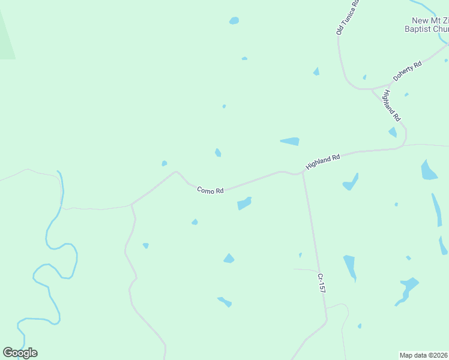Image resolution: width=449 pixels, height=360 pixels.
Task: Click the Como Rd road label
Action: click(210, 190)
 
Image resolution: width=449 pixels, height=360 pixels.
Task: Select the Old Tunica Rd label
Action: click(348, 17)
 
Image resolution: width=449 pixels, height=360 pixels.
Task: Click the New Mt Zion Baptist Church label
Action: click(427, 24)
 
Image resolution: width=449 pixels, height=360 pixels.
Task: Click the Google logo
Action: click(20, 353)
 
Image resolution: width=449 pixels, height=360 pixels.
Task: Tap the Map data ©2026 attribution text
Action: click(423, 355)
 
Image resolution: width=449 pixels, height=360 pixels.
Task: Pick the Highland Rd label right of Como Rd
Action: click(323, 161)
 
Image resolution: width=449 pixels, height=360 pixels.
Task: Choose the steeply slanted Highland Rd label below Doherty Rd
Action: click(391, 104)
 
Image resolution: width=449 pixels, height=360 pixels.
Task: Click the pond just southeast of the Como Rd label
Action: click(244, 203)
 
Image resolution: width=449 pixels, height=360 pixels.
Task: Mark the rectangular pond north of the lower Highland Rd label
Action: click(290, 142)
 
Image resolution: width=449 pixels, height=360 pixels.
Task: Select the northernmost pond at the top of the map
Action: click(234, 20)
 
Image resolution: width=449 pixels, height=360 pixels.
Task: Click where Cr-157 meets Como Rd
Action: click(303, 175)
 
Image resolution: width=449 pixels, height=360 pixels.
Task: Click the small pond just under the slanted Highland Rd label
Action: click(393, 132)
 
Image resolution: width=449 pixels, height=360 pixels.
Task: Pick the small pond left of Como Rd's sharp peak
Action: click(164, 163)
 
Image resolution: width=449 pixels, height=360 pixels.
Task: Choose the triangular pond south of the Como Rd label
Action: click(229, 259)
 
